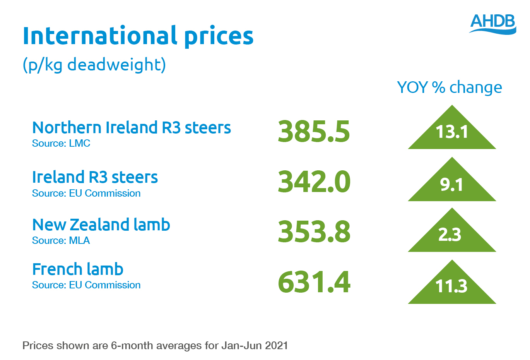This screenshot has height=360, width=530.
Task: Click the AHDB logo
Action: (x=492, y=24)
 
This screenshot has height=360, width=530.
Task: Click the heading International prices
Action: (x=138, y=36)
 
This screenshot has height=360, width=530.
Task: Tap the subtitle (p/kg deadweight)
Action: (x=94, y=65)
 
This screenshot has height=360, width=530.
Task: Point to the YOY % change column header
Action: (x=449, y=87)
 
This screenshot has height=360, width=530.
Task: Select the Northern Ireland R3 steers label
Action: (x=132, y=128)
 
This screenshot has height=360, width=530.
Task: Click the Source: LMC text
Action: (x=61, y=144)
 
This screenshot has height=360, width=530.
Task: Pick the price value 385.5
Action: (x=314, y=131)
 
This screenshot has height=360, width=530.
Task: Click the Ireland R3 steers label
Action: (x=95, y=177)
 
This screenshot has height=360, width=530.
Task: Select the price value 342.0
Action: (x=314, y=182)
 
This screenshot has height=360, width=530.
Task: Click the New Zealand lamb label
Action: (x=101, y=225)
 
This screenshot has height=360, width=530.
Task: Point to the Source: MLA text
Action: (x=61, y=241)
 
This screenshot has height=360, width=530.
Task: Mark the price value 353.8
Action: (x=314, y=232)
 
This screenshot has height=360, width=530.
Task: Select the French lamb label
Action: (x=78, y=269)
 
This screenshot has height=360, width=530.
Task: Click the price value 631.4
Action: (x=314, y=282)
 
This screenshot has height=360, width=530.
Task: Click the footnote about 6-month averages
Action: (x=155, y=346)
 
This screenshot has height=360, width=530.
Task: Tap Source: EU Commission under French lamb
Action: (x=86, y=285)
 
